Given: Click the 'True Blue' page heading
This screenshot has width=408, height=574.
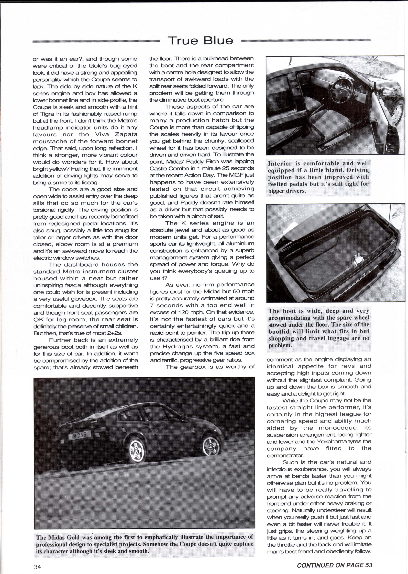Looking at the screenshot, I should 200,40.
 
